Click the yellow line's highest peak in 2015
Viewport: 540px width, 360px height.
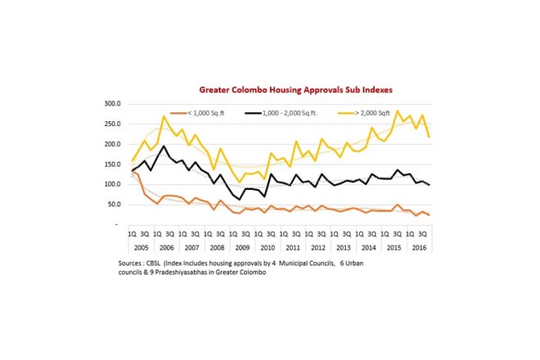pyautogui.click(x=398, y=111)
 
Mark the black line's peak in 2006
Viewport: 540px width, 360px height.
pyautogui.click(x=164, y=146)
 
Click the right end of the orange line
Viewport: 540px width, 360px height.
pyautogui.click(x=430, y=215)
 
